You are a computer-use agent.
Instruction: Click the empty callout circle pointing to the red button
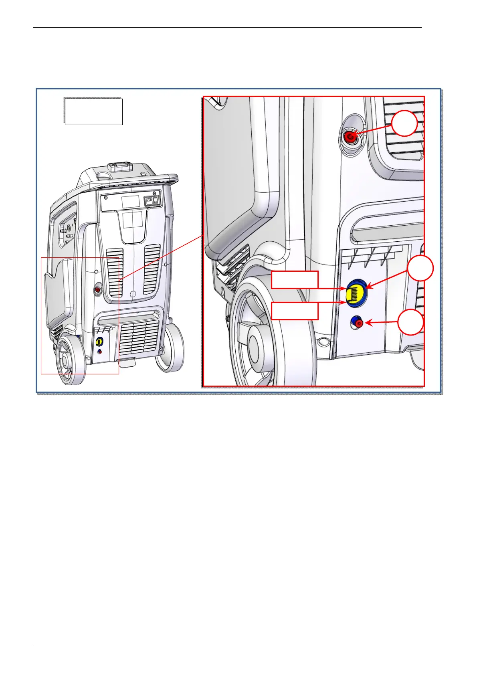(404, 123)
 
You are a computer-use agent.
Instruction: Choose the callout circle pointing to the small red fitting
(411, 322)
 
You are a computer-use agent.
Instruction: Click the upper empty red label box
(295, 280)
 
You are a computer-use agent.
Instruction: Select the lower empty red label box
(295, 311)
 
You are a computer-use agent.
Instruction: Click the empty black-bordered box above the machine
(93, 111)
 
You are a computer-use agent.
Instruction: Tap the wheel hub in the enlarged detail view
(255, 344)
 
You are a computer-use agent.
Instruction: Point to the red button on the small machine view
(98, 289)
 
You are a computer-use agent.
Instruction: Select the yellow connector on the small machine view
(100, 342)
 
